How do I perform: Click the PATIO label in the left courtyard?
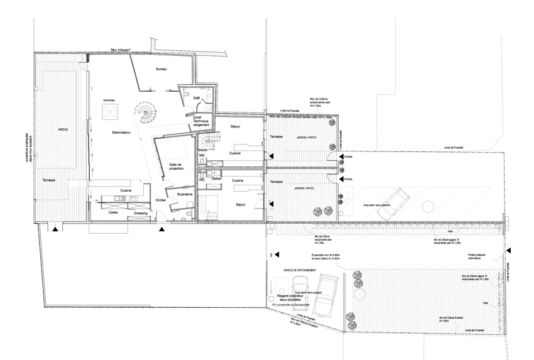[63, 128]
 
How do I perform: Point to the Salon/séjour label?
[119, 130]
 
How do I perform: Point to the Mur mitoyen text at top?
[120, 48]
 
